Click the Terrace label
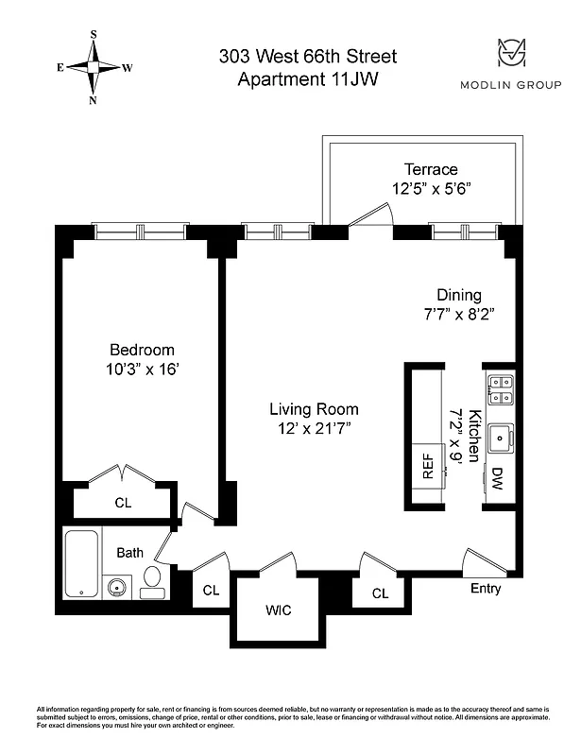(431, 169)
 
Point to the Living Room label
(314, 409)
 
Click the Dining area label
(458, 295)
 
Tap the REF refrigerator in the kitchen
(427, 468)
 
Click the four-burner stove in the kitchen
(500, 390)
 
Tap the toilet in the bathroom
(152, 579)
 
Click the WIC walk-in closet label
(278, 610)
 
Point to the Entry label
(486, 590)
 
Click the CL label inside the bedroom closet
(123, 504)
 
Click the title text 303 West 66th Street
(308, 57)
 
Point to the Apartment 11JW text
(308, 80)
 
